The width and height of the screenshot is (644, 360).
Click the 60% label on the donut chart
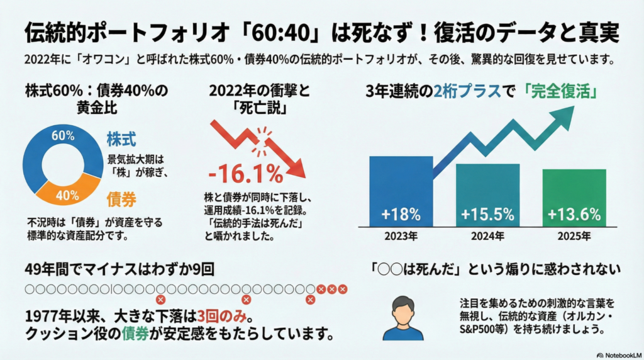[63, 135]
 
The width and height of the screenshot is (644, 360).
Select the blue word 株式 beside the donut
[122, 138]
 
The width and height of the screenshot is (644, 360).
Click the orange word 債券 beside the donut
[122, 200]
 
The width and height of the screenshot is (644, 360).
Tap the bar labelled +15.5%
[487, 195]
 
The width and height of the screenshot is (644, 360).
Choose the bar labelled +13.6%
[574, 198]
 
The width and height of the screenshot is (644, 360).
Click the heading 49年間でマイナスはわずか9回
[119, 269]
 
